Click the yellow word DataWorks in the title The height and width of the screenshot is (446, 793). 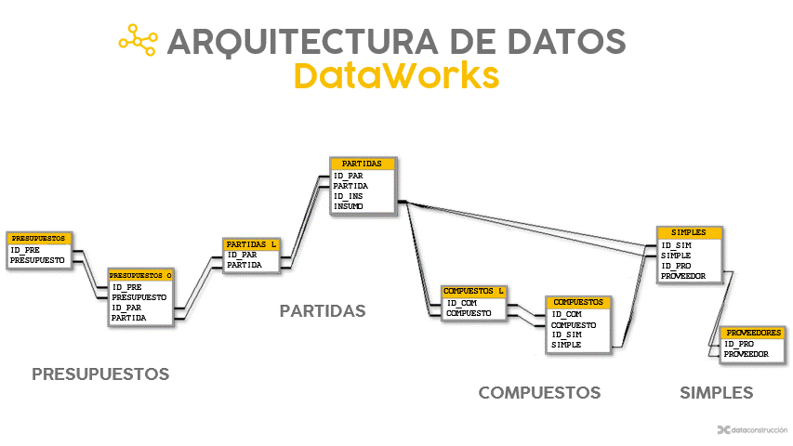pos(396,75)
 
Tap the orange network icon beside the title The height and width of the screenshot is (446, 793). pos(138,39)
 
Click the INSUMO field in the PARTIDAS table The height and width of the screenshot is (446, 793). pos(349,206)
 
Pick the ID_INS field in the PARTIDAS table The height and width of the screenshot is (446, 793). pos(350,195)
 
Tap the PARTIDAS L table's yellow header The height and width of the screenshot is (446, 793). pos(252,244)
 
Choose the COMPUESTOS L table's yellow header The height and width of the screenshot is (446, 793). pos(475,291)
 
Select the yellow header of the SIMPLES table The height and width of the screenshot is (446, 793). pos(688,232)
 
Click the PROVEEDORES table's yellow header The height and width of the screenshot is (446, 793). pos(754,332)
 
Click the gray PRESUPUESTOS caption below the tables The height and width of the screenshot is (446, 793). pos(100,374)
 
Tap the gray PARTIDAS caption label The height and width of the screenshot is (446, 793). pos(323,310)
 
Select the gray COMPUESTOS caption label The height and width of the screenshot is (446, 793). pos(539,393)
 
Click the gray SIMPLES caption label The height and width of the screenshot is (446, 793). pos(716,393)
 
